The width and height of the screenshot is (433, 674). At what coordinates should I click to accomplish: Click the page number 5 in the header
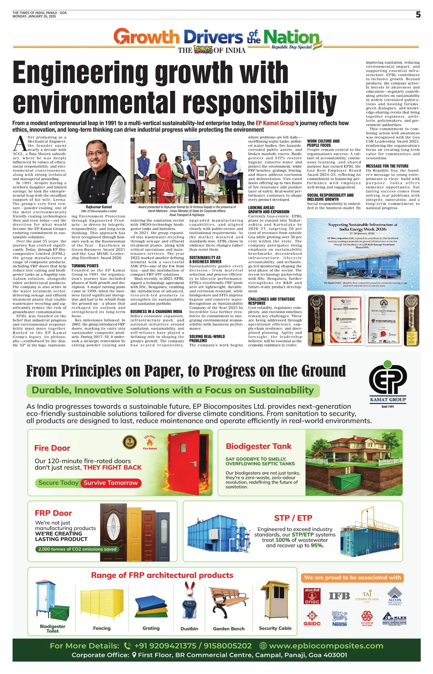coord(418,15)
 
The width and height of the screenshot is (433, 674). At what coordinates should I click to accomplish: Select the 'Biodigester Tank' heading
coord(258,446)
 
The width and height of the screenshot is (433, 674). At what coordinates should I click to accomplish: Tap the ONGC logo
coord(312,596)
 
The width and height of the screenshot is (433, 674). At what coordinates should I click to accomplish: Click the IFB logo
coord(339,596)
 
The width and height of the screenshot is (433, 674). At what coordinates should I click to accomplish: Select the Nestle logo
coord(339,619)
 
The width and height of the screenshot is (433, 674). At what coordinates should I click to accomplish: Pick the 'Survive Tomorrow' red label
coord(111,483)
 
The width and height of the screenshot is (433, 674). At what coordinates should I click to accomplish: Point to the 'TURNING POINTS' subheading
coord(85,266)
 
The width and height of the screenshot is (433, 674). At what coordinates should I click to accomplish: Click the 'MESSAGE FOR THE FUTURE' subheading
coord(387,166)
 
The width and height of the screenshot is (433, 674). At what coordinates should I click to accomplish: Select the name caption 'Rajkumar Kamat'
coord(99,207)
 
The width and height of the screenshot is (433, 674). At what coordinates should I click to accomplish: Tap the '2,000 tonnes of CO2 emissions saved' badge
coord(77,549)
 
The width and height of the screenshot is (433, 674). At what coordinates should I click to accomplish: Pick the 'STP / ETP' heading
coord(293,518)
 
